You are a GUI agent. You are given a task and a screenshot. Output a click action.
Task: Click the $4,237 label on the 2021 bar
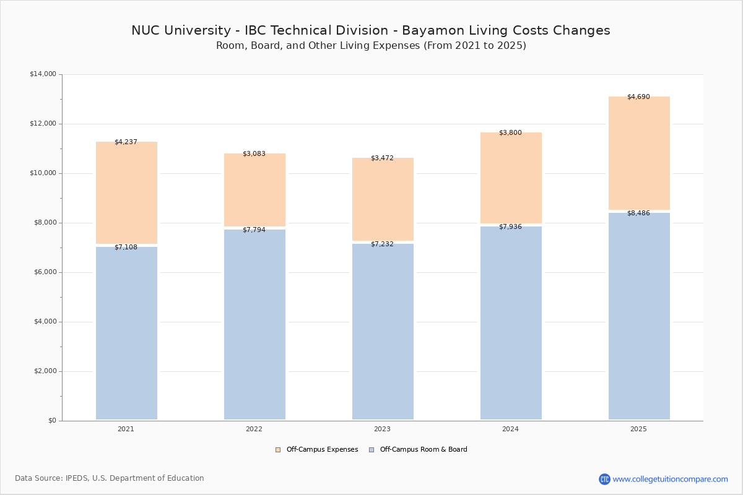coord(126,142)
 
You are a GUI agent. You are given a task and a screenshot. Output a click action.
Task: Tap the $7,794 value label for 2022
coord(254,230)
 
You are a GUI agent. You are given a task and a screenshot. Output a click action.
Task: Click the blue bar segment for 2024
coord(511,322)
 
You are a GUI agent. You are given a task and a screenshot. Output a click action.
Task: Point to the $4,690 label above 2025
coord(638,97)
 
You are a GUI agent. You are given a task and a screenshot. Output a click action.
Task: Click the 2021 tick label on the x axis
coord(126,429)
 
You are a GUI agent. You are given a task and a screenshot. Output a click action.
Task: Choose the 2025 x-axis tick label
coord(638,429)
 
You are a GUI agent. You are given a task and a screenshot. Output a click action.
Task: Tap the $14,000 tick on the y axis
coord(43,74)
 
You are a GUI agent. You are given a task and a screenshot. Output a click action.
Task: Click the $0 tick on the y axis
coord(52,421)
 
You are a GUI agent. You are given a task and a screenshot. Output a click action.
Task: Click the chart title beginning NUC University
coord(370,30)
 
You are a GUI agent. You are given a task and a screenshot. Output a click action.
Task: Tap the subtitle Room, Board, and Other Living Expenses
coord(370,46)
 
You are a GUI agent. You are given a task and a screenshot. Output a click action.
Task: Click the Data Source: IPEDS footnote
coord(110,478)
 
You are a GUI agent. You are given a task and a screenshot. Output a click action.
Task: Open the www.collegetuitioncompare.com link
coord(670,479)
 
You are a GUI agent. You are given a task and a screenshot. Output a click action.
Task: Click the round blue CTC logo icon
coord(604,479)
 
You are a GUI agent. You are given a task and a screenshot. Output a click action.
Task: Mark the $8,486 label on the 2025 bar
coord(638,213)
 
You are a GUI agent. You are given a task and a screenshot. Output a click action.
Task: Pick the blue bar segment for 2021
coord(126,334)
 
